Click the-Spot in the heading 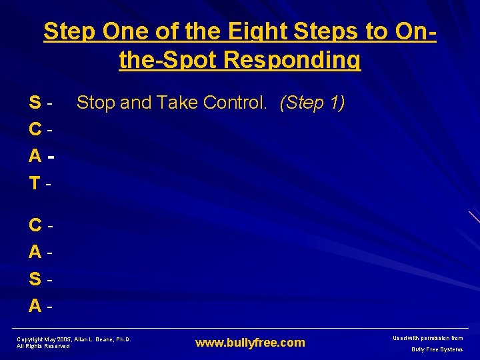pyautogui.click(x=169, y=59)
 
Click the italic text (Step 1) pyautogui.click(x=312, y=103)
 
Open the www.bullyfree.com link pyautogui.click(x=250, y=343)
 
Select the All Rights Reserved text pyautogui.click(x=43, y=346)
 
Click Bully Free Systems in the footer pyautogui.click(x=437, y=349)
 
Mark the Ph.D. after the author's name pyautogui.click(x=123, y=339)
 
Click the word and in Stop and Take pyautogui.click(x=138, y=103)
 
